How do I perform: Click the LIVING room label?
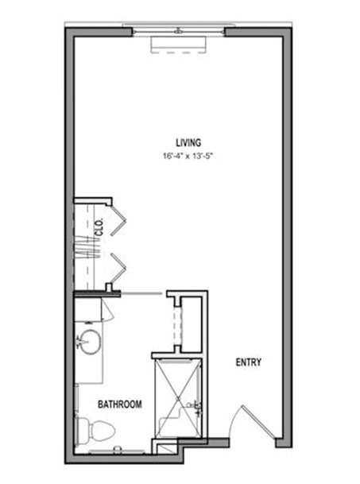point(188,142)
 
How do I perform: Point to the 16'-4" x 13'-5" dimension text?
point(188,157)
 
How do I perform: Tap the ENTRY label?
point(249,362)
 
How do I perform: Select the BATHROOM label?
point(120,404)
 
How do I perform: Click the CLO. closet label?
point(99,227)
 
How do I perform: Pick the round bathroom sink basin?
point(91,342)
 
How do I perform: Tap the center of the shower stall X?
point(178,398)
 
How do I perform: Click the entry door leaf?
point(258,421)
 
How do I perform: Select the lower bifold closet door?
point(118,268)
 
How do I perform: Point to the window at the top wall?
point(179,31)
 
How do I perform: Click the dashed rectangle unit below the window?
point(179,45)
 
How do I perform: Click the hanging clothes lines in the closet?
point(88,247)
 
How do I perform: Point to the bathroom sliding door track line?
point(141,294)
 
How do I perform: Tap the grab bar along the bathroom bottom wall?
point(117,451)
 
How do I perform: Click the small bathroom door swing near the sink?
point(108,311)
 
